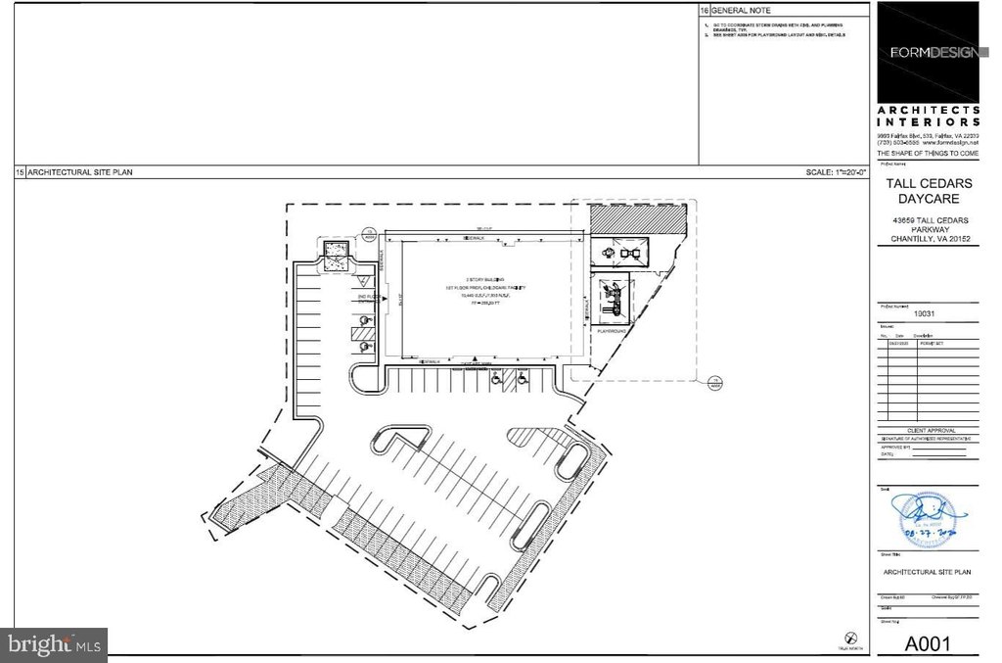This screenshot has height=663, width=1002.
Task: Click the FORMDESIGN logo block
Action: pyautogui.click(x=928, y=51)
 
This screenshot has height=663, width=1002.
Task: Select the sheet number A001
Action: pyautogui.click(x=927, y=642)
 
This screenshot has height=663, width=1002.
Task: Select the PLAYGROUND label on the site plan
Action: pyautogui.click(x=615, y=330)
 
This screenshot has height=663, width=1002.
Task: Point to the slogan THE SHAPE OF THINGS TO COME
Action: pyautogui.click(x=927, y=154)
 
